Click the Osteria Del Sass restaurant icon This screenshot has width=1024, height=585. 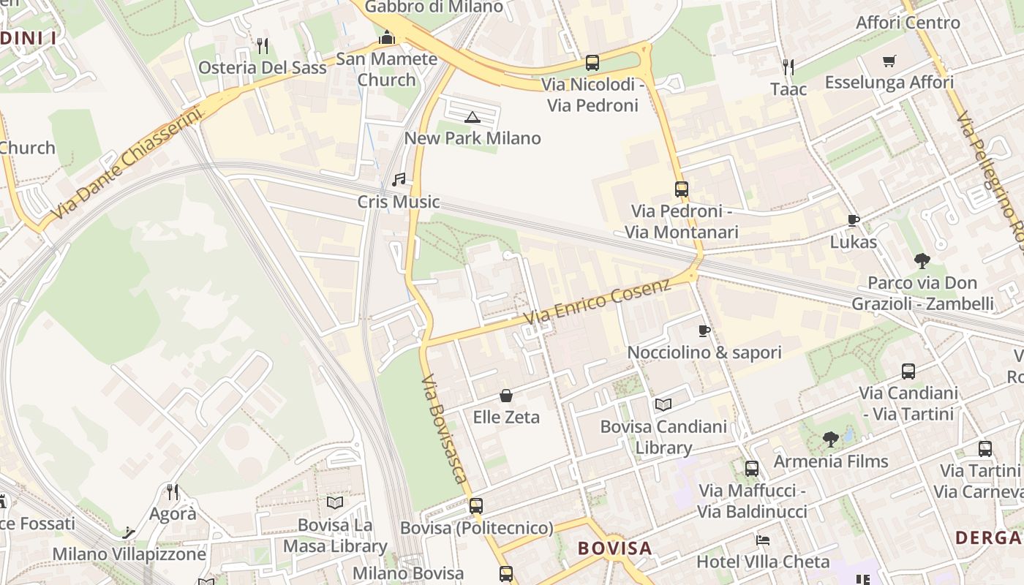point(263,46)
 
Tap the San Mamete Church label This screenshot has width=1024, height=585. point(386,69)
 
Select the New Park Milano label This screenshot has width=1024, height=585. point(473,138)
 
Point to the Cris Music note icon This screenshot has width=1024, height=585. point(399,179)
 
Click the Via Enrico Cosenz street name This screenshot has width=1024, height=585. point(598,301)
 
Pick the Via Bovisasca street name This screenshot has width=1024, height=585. point(444,429)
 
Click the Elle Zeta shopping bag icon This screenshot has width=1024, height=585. point(506,396)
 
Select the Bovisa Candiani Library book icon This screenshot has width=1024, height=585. point(663,404)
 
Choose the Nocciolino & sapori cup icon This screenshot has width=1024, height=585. point(704,331)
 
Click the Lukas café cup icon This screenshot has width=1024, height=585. point(853,220)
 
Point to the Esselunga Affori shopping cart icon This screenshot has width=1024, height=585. point(889,61)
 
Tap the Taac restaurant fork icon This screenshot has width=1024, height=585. point(788,67)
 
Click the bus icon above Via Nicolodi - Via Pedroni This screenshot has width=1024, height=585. point(592,63)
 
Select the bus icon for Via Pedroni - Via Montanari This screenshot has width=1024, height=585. point(682,189)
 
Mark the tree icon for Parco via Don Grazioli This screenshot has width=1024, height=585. point(922,260)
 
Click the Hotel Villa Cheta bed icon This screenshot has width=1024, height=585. point(763,540)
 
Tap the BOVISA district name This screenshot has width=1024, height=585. point(614,548)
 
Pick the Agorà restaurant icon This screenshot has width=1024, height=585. point(173,491)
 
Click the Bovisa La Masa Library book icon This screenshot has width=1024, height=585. point(335,503)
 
